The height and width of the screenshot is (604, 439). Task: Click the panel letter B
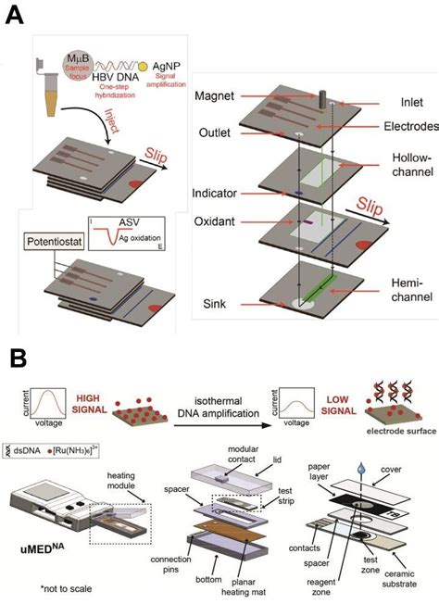[x=15, y=356]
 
